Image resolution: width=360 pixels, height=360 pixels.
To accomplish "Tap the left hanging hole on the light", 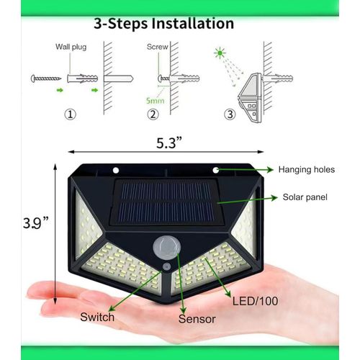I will coord(115,170).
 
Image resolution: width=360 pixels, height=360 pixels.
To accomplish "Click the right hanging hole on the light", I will coord(215,170).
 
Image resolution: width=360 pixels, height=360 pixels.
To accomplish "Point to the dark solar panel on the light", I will coord(166,202).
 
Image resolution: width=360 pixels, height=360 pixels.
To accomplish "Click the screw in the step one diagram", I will coord(44,77).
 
